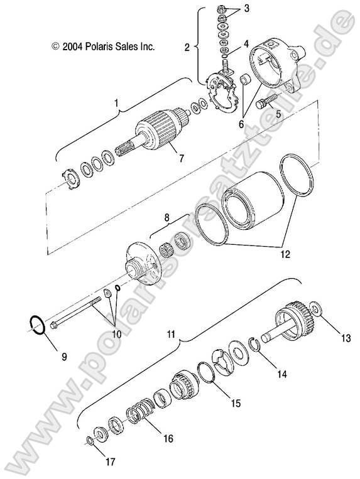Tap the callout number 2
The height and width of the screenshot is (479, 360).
tap(187, 47)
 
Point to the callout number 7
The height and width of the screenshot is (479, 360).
tap(181, 158)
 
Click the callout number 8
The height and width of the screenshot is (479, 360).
tap(166, 218)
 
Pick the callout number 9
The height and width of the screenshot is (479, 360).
tap(63, 357)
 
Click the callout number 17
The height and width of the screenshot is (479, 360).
tap(110, 463)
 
